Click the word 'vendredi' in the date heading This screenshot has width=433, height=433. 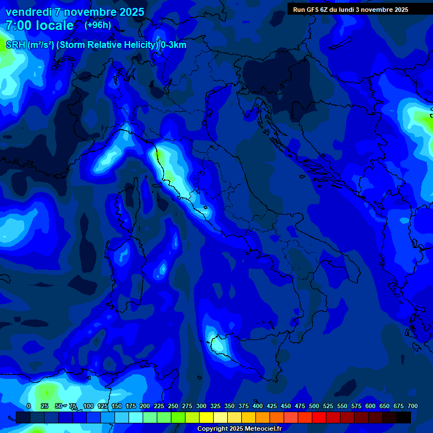coord(28,12)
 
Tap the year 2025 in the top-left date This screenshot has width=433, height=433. coord(128,12)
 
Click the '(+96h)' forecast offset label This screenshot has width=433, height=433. coord(98,25)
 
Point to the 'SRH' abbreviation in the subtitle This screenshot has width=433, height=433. coord(15,45)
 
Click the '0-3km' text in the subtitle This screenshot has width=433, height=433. coord(173,45)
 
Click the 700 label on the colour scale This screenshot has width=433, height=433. coord(413,406)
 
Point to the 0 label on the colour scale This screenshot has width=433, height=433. coord(29,406)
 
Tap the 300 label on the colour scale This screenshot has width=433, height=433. coord(201,406)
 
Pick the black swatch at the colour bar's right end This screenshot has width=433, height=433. coord(404,417)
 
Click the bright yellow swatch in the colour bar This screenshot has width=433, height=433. coord(206,417)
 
